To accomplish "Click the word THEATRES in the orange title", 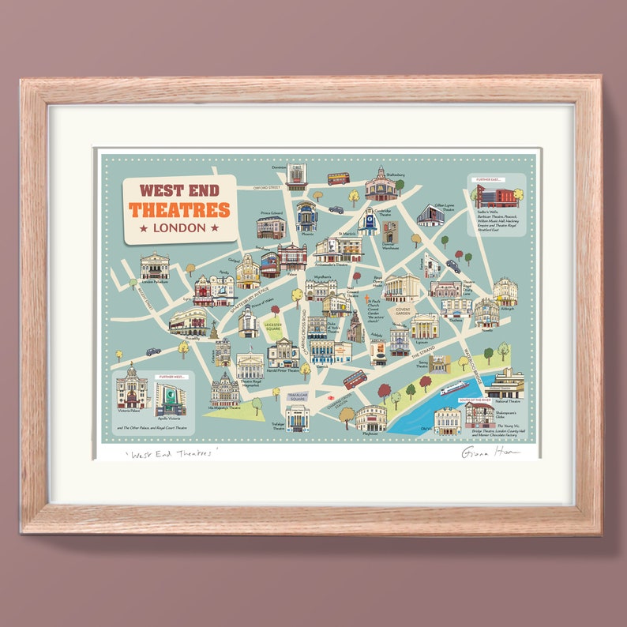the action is [x=179, y=210].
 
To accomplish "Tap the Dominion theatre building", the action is [x=296, y=175].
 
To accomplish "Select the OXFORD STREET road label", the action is [x=268, y=188].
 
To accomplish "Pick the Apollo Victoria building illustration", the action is [x=171, y=397].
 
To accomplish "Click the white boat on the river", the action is [x=454, y=388].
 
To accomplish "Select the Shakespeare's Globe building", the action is [x=479, y=415].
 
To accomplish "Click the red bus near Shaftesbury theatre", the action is [x=338, y=178].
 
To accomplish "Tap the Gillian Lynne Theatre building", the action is [x=430, y=216].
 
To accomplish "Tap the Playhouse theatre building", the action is [x=370, y=417].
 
